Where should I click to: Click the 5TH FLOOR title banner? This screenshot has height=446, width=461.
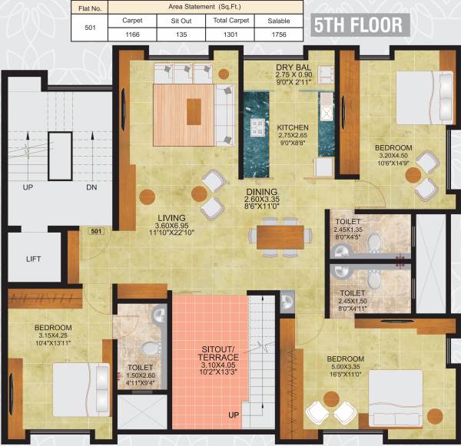(358, 25)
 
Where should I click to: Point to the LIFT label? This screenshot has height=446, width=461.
(33, 259)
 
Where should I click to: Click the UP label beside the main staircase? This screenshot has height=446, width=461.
(28, 187)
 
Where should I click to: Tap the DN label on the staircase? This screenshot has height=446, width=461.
(91, 187)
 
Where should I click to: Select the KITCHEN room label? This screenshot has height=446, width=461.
(293, 127)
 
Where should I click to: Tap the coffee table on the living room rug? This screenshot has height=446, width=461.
(192, 114)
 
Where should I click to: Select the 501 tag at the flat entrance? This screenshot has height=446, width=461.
(96, 230)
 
